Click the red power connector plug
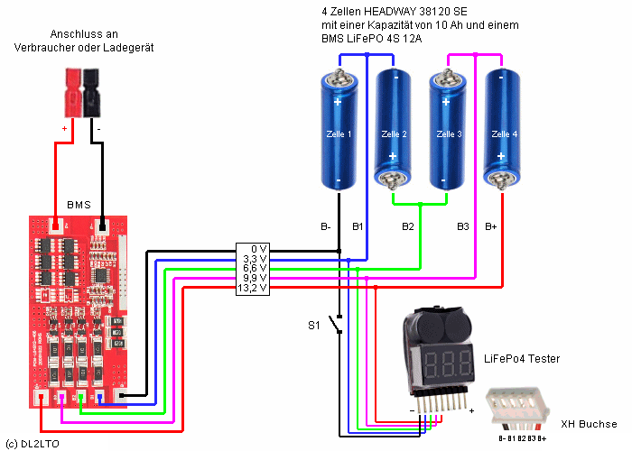70,90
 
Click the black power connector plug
91,90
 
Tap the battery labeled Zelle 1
339,131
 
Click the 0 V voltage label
259,248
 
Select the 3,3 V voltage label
256,258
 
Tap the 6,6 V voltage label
256,268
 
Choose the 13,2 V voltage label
253,288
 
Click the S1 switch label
314,324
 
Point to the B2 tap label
408,225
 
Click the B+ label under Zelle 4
491,225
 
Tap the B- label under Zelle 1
327,225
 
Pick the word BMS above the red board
79,205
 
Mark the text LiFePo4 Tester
522,359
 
